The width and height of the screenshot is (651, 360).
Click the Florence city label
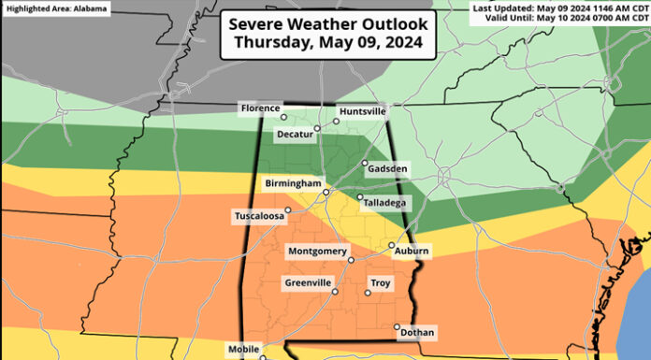(x=260, y=108)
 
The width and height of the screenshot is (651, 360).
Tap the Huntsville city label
(x=362, y=111)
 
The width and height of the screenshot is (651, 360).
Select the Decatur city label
(x=296, y=135)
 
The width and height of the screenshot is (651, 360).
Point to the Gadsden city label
(x=387, y=168)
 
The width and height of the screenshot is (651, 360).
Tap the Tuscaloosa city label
(x=258, y=217)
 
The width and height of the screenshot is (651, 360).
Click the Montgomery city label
(x=317, y=252)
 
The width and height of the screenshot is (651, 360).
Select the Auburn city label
(x=412, y=252)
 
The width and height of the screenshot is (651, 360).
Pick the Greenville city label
(x=311, y=282)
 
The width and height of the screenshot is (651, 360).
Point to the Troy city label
(x=380, y=282)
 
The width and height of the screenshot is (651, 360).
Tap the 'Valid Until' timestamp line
(x=561, y=19)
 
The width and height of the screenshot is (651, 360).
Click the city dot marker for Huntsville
(x=337, y=121)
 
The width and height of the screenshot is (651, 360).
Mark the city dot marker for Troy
(x=367, y=293)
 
